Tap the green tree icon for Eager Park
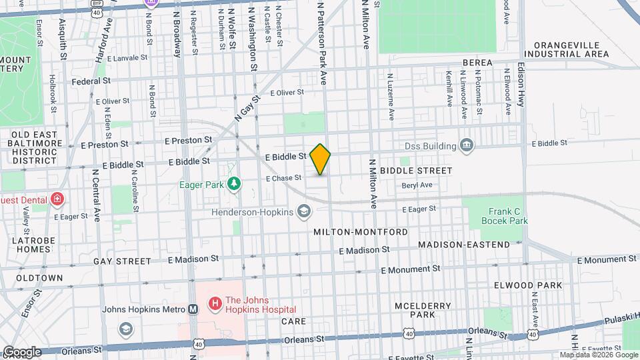[x=233, y=183]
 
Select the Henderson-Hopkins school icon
[x=305, y=212]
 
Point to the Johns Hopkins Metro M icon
[x=193, y=309]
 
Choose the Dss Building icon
[x=466, y=146]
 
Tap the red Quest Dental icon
[x=57, y=199]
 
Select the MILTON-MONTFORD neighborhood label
[x=360, y=231]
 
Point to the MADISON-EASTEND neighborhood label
[x=463, y=245]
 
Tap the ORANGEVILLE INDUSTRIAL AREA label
[x=567, y=49]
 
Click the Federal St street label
[x=91, y=81]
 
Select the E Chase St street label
[x=283, y=178]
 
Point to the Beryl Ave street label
[x=417, y=185]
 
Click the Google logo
[x=21, y=351]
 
